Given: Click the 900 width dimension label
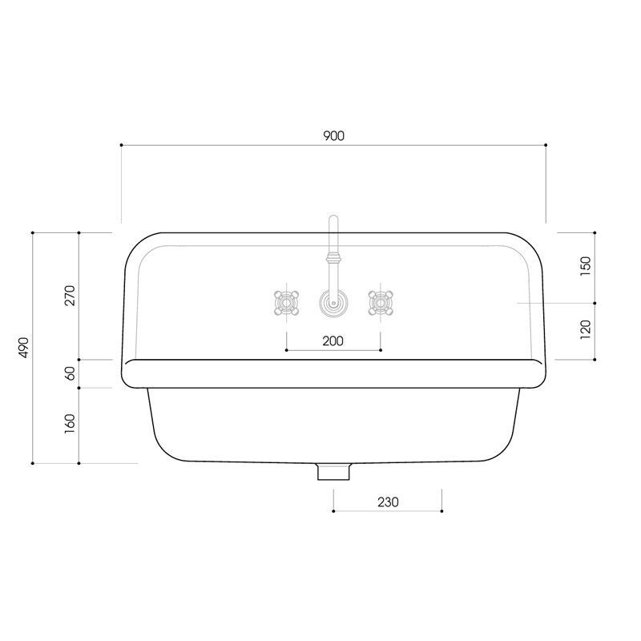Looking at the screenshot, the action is [x=334, y=135].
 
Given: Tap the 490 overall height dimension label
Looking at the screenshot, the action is [x=24, y=348].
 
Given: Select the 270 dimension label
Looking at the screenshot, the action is [x=70, y=296].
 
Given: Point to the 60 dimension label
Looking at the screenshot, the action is [x=71, y=373].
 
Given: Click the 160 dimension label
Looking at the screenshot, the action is [x=70, y=424].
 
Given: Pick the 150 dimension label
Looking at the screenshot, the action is [x=586, y=266].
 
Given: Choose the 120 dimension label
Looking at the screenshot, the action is [x=586, y=329].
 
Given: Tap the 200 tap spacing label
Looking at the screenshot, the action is [x=333, y=341].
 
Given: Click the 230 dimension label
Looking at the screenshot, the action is [x=388, y=502].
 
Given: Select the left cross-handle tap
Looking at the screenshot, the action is [x=286, y=303].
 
